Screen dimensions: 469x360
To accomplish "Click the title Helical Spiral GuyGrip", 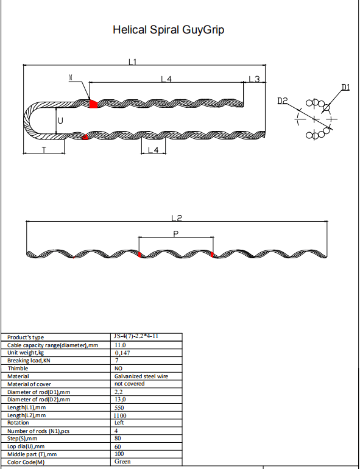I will [x=168, y=29].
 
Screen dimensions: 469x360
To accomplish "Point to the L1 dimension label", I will [x=133, y=61].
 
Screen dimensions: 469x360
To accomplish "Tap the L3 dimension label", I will [x=254, y=79].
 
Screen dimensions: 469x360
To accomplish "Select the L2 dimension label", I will [x=177, y=217].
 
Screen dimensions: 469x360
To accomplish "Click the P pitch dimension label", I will [x=175, y=232].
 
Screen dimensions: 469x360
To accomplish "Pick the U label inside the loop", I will [x=60, y=121].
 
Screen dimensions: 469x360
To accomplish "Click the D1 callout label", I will [x=345, y=88].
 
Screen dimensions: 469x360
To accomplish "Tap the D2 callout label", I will [x=282, y=100].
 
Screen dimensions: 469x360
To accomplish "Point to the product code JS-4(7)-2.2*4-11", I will [x=139, y=336].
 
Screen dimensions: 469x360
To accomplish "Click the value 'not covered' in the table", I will [x=129, y=384].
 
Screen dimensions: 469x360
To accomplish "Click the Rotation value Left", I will [x=120, y=422].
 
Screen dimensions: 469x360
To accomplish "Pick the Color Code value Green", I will [x=122, y=462].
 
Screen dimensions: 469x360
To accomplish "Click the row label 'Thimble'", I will [x=18, y=368].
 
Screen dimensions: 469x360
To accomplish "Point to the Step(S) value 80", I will [x=118, y=438].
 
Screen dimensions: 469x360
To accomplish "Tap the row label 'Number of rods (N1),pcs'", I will [x=38, y=431].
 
